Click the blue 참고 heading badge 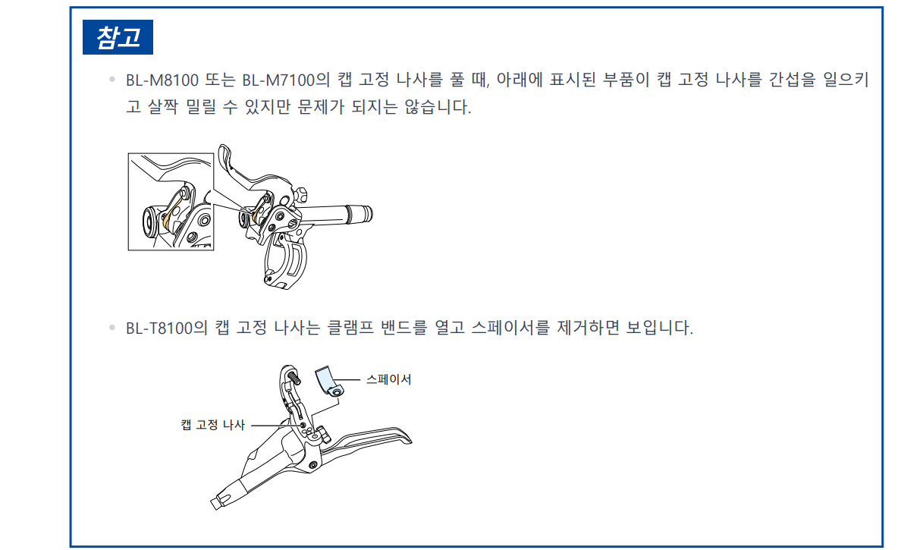coord(118,37)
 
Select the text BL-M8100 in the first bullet coord(162,80)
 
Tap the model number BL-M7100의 coord(286,80)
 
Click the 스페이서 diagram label coord(388,379)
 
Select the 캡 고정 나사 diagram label coord(212,425)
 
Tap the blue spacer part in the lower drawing coord(328,382)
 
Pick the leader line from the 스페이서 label coord(347,380)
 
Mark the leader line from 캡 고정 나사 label coord(275,426)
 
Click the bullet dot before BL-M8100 coord(112,79)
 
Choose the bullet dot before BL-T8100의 coord(112,328)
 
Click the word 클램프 coord(350,328)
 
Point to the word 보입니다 coord(659,328)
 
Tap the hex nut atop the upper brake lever coord(301,195)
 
